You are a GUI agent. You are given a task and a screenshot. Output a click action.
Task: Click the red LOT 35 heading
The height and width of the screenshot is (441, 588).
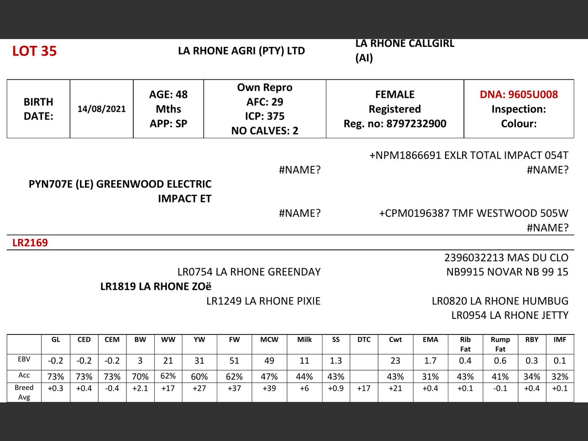(34, 51)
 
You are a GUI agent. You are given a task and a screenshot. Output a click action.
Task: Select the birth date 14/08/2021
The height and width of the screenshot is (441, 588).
(102, 109)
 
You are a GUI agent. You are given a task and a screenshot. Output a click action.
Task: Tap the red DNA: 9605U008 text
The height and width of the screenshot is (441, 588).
(519, 94)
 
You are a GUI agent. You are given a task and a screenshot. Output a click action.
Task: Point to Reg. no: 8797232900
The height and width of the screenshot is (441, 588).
(395, 124)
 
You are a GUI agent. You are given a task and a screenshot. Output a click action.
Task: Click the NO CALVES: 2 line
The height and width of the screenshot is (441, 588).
(265, 131)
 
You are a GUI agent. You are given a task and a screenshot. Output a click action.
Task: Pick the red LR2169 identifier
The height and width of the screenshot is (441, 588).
(30, 243)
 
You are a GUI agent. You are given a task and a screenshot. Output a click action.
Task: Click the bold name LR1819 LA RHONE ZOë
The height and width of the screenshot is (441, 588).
(156, 286)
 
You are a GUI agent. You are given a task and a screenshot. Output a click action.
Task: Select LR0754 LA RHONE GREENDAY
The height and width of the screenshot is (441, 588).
(249, 272)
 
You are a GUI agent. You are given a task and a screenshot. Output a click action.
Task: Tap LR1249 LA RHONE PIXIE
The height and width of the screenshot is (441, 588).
(263, 301)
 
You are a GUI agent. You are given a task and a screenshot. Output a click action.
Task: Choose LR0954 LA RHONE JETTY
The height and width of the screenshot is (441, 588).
(509, 315)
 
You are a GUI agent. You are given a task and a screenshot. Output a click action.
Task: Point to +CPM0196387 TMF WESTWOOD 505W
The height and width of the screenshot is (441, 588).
(473, 213)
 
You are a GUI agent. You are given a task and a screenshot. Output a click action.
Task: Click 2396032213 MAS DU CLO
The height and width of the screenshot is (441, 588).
(506, 258)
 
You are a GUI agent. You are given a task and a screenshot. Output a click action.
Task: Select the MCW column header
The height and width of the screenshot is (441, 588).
(269, 339)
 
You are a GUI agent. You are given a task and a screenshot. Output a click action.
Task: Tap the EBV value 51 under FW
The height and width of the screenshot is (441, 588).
(234, 361)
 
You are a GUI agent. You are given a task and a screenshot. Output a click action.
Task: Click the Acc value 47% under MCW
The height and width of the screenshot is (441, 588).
(269, 377)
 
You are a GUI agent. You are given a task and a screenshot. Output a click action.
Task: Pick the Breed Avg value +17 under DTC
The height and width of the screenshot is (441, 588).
(364, 388)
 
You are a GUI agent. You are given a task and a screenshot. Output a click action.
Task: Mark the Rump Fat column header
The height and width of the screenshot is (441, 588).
(500, 344)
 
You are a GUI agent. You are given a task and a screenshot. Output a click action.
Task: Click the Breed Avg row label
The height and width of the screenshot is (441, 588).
(24, 392)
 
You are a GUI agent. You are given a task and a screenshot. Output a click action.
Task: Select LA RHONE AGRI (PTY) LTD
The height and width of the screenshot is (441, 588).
(241, 51)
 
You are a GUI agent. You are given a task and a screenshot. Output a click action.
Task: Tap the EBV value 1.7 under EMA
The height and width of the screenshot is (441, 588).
(430, 361)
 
